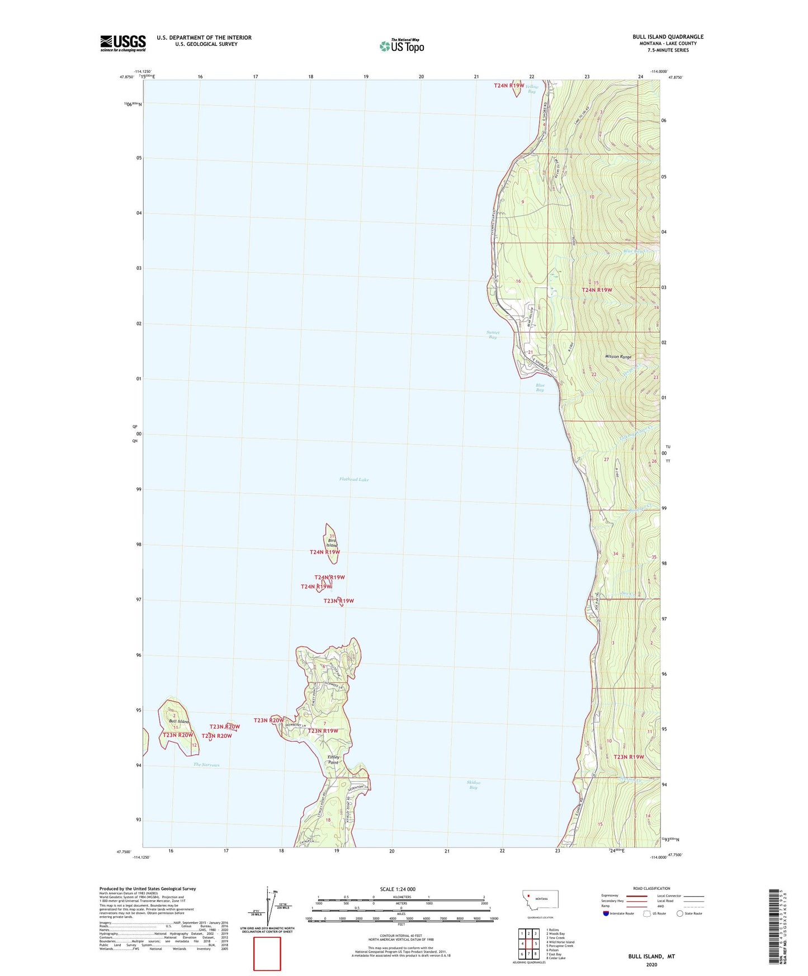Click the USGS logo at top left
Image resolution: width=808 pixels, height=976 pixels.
click(123, 43)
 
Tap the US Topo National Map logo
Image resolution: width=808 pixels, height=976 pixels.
click(402, 45)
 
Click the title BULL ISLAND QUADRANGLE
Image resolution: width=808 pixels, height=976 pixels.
click(668, 37)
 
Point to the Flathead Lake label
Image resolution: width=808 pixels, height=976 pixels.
click(354, 480)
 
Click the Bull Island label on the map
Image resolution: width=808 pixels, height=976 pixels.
click(178, 722)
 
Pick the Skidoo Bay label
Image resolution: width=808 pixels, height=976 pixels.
click(473, 785)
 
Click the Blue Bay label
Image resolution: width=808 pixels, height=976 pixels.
click(540, 387)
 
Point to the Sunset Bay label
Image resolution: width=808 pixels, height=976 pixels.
click(492, 335)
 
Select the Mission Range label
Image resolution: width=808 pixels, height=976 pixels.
click(618, 357)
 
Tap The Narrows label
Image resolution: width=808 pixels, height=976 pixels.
click(206, 765)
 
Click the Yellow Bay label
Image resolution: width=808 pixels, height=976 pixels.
click(532, 88)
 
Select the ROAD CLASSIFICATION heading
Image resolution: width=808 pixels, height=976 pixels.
click(652, 888)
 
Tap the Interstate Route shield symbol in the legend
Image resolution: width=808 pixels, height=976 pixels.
click(606, 913)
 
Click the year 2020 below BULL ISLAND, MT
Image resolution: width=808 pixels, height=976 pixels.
click(651, 964)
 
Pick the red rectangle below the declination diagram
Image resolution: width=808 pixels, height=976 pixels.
click(267, 954)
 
